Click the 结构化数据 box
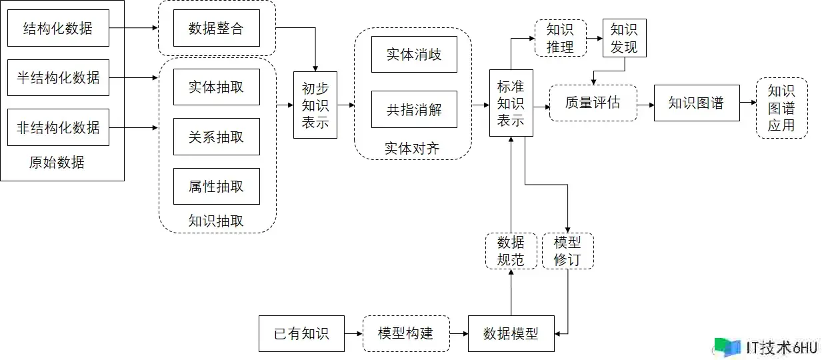58,28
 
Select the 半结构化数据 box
58,77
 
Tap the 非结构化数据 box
58,127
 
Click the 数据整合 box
216,28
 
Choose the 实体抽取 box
216,87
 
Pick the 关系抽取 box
216,137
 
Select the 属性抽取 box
216,186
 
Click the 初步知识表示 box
315,105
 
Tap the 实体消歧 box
414,54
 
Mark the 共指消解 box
414,109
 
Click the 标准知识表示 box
511,103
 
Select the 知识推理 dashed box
560,38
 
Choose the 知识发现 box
624,38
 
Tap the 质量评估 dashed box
593,103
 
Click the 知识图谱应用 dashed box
781,108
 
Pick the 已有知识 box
301,333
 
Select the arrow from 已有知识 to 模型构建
353,333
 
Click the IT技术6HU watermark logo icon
727,347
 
